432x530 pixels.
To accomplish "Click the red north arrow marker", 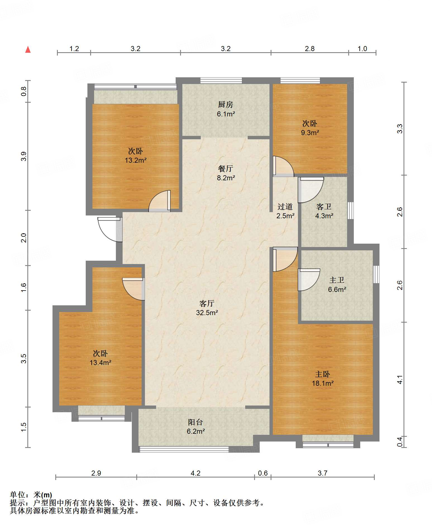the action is (x=28, y=49).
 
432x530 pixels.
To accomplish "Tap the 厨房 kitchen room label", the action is (x=225, y=104).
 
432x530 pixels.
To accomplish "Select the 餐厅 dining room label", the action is (x=225, y=169).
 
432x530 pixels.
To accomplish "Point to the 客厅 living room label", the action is (x=207, y=303).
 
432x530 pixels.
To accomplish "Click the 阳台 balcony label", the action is (x=195, y=422).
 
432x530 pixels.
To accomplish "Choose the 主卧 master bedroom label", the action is (x=323, y=374).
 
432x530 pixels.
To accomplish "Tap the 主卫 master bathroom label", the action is (x=337, y=280).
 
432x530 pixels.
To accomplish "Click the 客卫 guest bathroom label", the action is (x=324, y=207).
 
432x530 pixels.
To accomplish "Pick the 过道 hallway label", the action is (x=285, y=207).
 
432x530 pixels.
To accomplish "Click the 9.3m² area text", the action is (x=310, y=133).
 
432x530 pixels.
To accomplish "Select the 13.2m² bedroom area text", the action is (x=136, y=160).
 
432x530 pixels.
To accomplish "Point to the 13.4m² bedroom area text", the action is (x=101, y=363).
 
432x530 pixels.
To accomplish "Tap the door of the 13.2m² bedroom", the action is (x=159, y=201).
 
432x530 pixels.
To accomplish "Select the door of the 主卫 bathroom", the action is (x=309, y=280).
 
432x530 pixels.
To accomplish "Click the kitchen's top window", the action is (x=221, y=80).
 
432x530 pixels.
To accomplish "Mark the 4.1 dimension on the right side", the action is (x=400, y=380).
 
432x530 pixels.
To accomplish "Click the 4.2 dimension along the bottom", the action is (x=195, y=473).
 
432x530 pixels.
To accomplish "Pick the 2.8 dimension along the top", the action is (x=310, y=49).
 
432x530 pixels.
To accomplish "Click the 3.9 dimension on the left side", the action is (x=24, y=156).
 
